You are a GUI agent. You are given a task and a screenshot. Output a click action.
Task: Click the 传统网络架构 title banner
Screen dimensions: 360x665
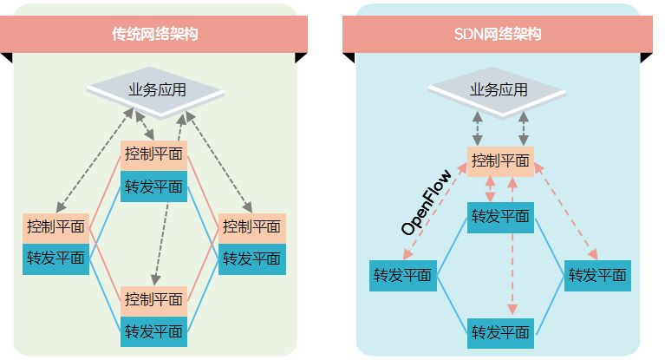pos(155,35)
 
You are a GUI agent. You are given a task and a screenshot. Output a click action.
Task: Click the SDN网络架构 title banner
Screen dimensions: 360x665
pos(497,35)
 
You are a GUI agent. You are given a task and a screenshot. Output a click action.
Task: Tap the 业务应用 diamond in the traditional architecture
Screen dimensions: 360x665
pos(153,90)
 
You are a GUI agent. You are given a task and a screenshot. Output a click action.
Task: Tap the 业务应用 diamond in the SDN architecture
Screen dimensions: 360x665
pos(499,90)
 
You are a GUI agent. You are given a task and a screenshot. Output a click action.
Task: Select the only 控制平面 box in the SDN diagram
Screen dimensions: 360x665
pos(500,160)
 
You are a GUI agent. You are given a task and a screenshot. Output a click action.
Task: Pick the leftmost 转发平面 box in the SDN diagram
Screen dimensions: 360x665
pos(402,276)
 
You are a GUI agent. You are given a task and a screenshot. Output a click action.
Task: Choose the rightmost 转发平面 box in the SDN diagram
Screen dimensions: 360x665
pos(597,276)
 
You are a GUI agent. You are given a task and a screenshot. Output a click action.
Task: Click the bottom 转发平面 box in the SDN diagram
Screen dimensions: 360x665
pos(500,332)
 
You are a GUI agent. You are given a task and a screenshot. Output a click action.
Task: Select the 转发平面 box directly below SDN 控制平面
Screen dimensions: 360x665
pos(500,217)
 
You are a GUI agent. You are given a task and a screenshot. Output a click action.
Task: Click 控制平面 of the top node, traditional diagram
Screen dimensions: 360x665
pos(153,154)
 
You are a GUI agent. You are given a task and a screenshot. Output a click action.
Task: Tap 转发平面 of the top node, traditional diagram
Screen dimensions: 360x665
pos(153,186)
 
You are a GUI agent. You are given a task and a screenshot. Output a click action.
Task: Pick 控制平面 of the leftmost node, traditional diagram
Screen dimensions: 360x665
pos(55,227)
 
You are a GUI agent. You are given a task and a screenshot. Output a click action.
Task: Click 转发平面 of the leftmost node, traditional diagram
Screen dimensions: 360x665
pos(55,259)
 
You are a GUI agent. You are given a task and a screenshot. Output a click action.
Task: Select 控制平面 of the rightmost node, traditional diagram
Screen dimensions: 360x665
pos(251,227)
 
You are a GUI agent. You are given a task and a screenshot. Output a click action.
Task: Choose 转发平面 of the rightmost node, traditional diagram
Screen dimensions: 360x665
pos(251,259)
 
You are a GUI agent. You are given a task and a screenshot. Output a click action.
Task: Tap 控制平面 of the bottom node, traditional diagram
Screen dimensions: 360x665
pos(153,300)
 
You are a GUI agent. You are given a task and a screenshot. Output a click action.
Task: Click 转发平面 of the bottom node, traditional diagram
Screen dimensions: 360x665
pos(153,331)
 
